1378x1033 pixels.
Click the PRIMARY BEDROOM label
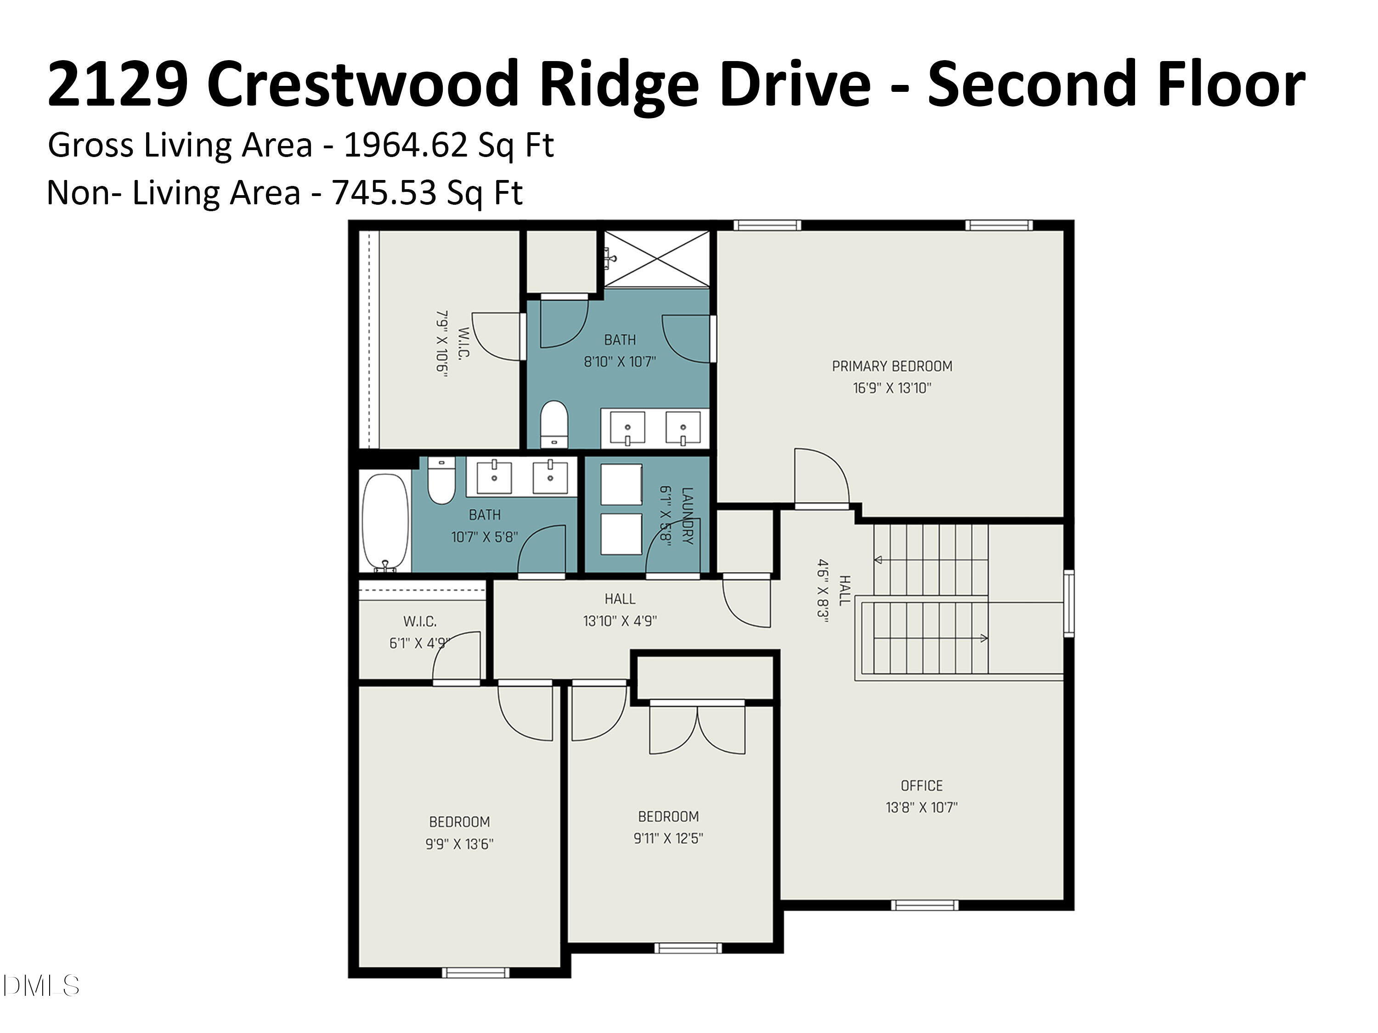pyautogui.click(x=892, y=366)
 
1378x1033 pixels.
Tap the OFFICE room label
pyautogui.click(x=921, y=786)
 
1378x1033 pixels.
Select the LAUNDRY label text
pyautogui.click(x=687, y=516)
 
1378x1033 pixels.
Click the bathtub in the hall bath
pyautogui.click(x=386, y=522)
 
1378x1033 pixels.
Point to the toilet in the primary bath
pyautogui.click(x=554, y=423)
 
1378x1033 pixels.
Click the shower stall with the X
pyautogui.click(x=656, y=259)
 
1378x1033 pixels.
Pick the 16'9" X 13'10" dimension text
pyautogui.click(x=892, y=388)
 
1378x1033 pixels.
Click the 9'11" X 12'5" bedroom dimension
pyautogui.click(x=668, y=838)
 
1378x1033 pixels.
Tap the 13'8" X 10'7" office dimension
pyautogui.click(x=921, y=808)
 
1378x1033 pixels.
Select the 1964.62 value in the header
pyautogui.click(x=406, y=145)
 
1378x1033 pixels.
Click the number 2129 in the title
pyautogui.click(x=119, y=84)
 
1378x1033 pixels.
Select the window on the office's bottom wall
pyautogui.click(x=924, y=905)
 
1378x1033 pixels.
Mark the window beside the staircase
pyautogui.click(x=1068, y=603)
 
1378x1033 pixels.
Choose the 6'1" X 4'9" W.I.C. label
pyautogui.click(x=419, y=643)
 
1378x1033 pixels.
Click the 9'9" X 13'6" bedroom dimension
pyautogui.click(x=459, y=844)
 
